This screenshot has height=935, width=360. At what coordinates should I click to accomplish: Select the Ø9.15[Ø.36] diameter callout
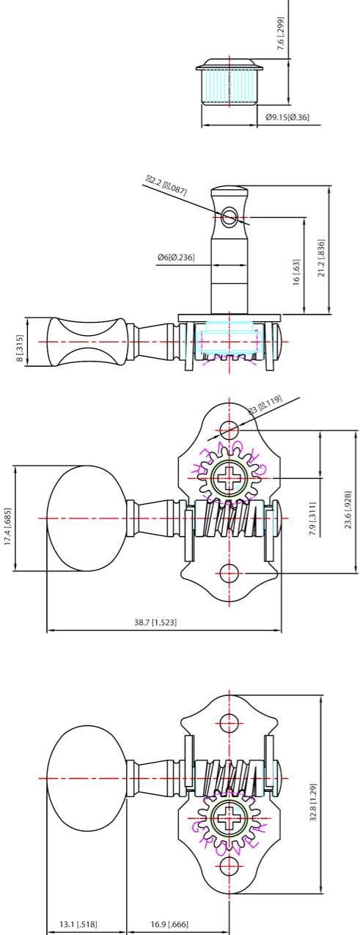[287, 117]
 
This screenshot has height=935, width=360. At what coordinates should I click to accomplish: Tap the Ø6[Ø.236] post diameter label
[176, 257]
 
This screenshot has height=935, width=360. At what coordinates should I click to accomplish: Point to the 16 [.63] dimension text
[297, 272]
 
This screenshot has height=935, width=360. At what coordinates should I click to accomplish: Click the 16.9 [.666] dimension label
[169, 925]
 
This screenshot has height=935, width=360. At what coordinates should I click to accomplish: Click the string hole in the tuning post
[229, 216]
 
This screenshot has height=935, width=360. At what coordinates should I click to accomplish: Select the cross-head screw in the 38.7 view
[229, 480]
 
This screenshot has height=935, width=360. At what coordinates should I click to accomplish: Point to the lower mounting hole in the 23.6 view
[229, 573]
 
